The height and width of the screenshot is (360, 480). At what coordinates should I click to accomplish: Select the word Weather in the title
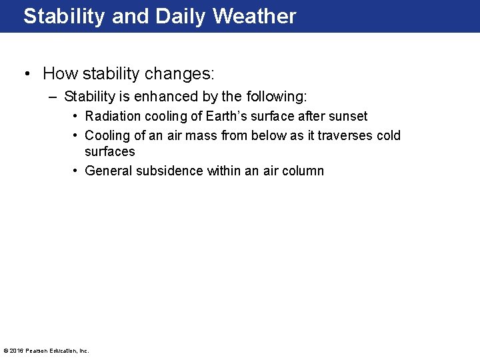coord(254,16)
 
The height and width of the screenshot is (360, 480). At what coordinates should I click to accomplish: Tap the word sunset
coord(347,116)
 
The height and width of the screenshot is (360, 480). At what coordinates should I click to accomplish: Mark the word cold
coord(388,135)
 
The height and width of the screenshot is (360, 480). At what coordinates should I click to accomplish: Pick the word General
coord(109,171)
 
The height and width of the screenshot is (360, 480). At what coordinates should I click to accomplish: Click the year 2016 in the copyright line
coord(17,351)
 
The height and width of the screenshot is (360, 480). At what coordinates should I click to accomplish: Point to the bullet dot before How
coord(29,73)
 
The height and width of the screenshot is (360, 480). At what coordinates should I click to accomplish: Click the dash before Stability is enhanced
coord(53,97)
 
